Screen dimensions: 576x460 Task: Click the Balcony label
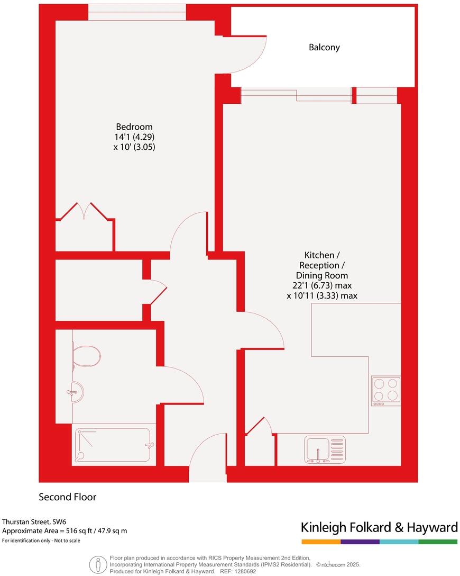[324, 47]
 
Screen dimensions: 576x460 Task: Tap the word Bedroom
[134, 127]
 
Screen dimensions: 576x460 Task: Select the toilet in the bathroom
[87, 356]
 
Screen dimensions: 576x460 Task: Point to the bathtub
[114, 445]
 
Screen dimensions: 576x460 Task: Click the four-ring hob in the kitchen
[385, 390]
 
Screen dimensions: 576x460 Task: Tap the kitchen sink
[325, 448]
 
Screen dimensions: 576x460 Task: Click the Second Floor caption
[67, 497]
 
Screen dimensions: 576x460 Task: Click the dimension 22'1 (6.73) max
[321, 286]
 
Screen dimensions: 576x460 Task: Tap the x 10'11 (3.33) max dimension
[321, 296]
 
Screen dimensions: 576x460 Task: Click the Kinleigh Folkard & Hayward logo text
[379, 527]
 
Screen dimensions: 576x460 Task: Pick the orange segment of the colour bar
[321, 542]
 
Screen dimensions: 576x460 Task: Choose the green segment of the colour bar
[438, 542]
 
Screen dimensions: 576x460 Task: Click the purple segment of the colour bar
[360, 542]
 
